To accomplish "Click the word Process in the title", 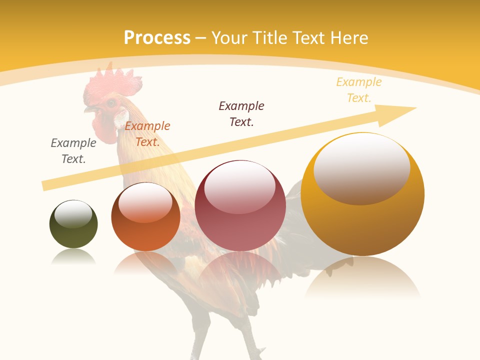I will coord(157,38).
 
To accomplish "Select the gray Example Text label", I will coord(73,150).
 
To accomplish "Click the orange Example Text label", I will coord(147,134).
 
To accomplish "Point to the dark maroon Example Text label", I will coord(241,113).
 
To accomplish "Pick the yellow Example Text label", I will coord(358,89).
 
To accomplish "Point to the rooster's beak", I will coord(89,108).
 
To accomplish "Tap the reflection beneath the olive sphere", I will coord(73,257).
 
